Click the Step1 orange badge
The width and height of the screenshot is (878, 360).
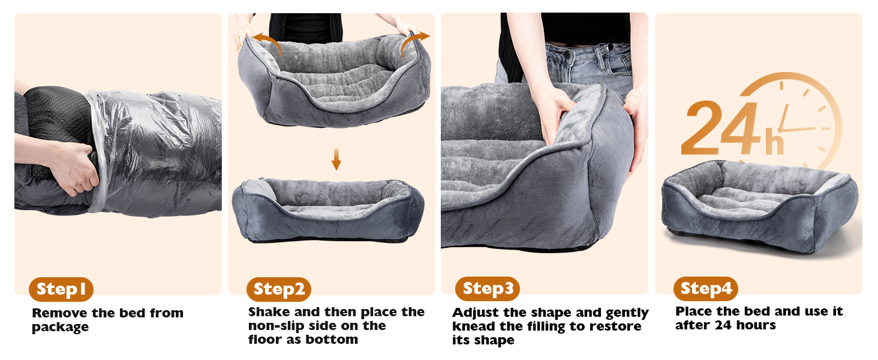pos(61,289)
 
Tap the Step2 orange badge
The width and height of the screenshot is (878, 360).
pos(279,289)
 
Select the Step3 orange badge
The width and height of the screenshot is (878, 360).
pos(488,289)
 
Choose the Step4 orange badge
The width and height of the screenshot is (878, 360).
pos(706,289)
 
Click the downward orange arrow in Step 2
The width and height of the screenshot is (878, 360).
pos(336,159)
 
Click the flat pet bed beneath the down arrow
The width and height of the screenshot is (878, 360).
pos(328,210)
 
